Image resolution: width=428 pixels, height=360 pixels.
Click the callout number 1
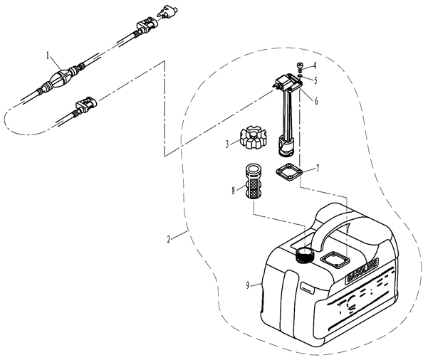[x=48, y=54]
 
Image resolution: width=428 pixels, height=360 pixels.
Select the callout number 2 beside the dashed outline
[x=168, y=240]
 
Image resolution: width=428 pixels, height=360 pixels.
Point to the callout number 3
[x=227, y=143]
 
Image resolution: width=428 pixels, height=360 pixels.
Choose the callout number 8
[x=232, y=190]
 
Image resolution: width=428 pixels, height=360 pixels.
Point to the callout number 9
[x=248, y=286]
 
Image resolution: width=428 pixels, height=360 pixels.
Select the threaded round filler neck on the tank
[x=306, y=255]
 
